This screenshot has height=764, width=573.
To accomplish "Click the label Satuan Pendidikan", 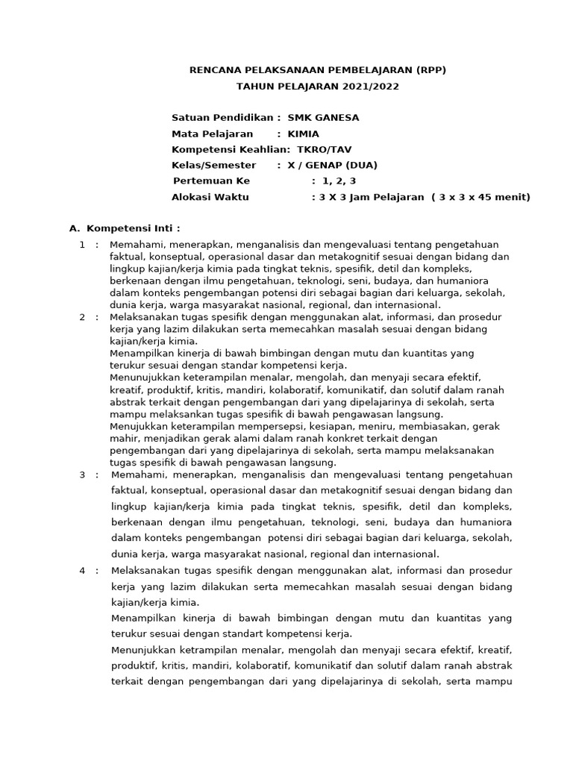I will (223, 118).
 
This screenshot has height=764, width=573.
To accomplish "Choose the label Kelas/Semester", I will (213, 165).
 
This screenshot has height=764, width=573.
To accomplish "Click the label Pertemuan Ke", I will (211, 181).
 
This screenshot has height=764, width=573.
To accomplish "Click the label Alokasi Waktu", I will (210, 197).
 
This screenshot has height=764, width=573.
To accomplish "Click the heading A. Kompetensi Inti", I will (125, 228).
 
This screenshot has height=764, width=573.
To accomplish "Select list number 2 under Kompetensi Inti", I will (82, 317).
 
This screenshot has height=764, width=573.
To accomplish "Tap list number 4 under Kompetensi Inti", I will (82, 571).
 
